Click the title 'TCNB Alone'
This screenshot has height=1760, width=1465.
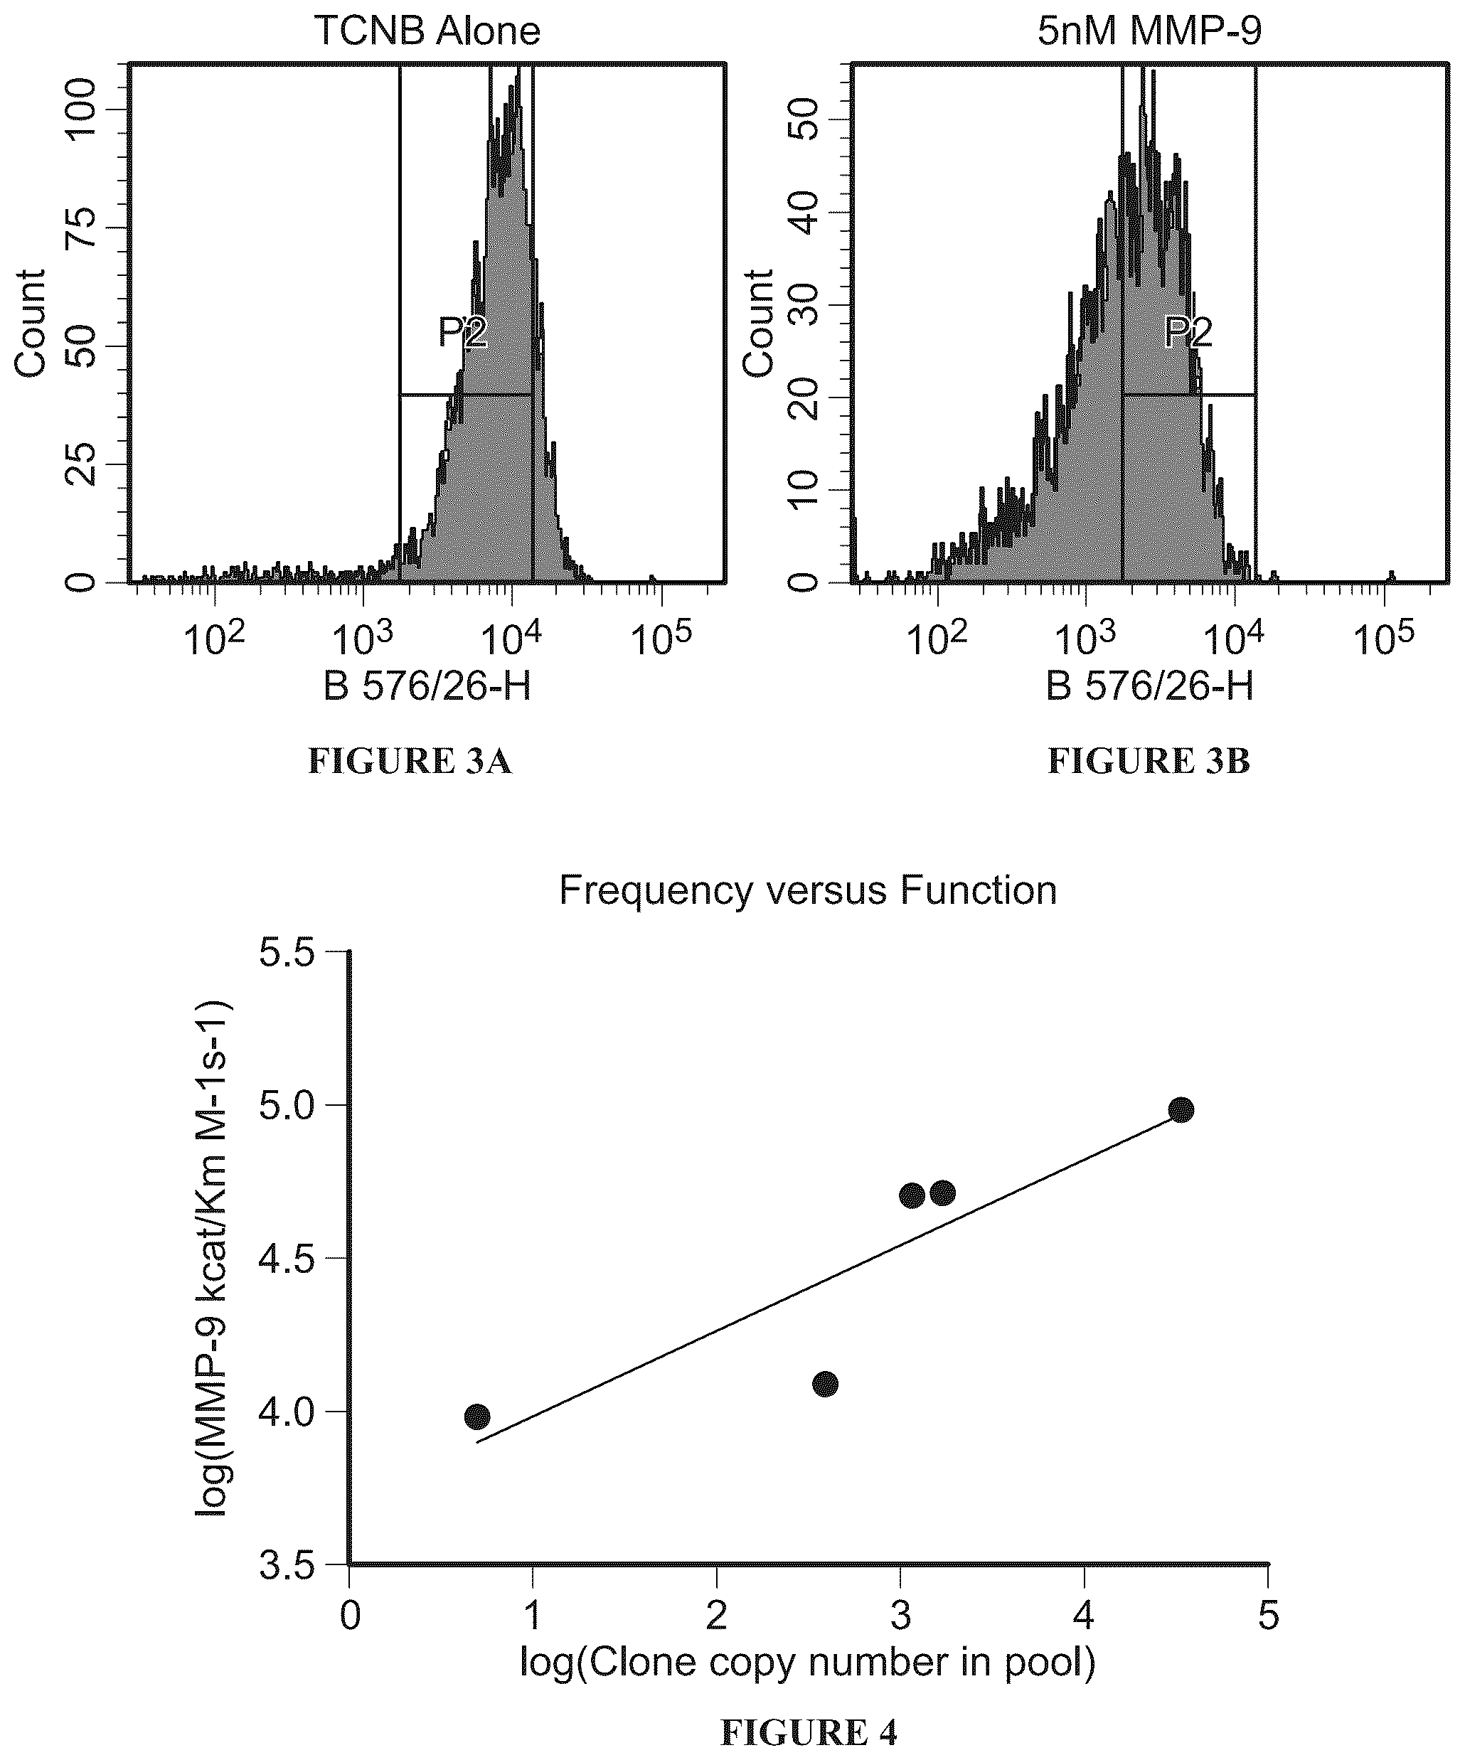point(427,31)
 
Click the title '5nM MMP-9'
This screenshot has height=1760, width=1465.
point(1149,31)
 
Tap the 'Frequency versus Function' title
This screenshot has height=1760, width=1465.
point(808,890)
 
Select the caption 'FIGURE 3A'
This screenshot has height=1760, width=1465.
point(410,761)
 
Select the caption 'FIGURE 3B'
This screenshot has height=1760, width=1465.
point(1149,761)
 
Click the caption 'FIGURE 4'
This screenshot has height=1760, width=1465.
point(809,1732)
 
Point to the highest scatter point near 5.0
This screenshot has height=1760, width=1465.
point(1181,1111)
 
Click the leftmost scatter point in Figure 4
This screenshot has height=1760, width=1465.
point(477,1417)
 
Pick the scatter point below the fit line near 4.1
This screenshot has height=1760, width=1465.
point(826,1384)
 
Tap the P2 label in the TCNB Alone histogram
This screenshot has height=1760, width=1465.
point(463,334)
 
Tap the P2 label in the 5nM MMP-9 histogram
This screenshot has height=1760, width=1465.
point(1188,334)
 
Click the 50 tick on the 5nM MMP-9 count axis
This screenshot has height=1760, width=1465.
point(804,118)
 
